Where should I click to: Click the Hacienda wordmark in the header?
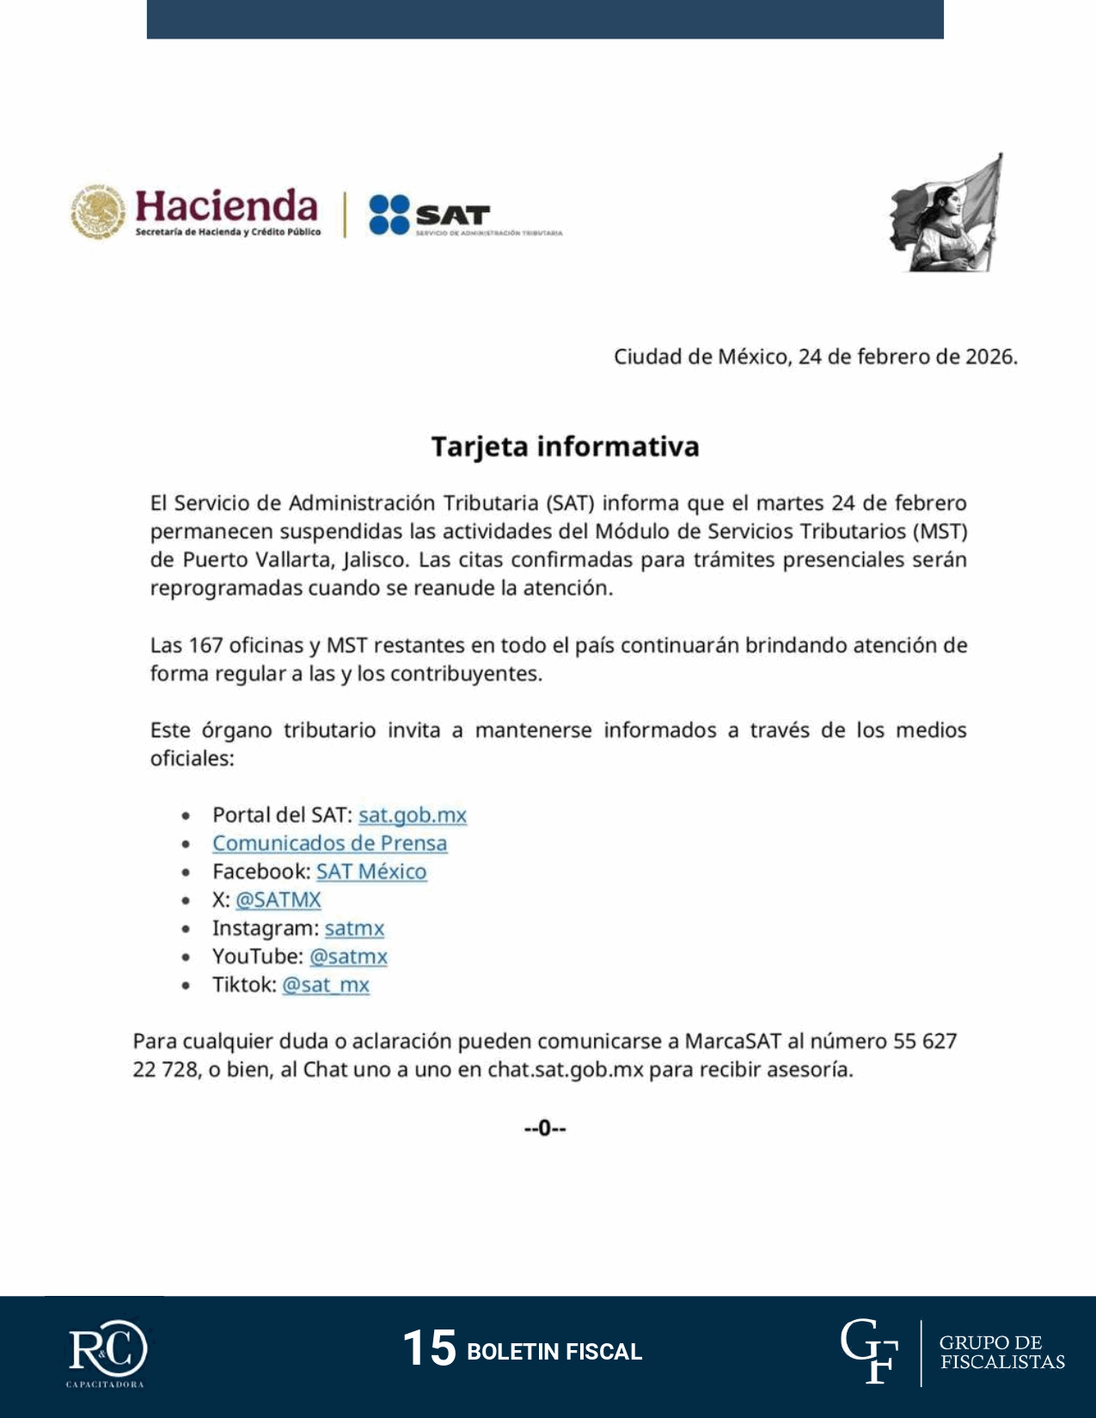[x=226, y=207]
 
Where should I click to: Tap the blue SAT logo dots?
[x=389, y=215]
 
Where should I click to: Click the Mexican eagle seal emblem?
[x=98, y=211]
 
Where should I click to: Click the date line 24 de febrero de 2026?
[x=815, y=357]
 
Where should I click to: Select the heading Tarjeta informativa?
[x=565, y=447]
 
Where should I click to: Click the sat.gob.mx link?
[x=413, y=815]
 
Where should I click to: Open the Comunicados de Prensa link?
[x=329, y=843]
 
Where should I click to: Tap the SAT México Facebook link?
[x=371, y=871]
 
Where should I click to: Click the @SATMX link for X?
[x=278, y=900]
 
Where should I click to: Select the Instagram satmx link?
[x=354, y=928]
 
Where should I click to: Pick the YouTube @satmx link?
[x=348, y=957]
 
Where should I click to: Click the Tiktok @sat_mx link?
[x=326, y=985]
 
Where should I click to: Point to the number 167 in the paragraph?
[x=205, y=645]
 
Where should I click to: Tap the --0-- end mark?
[x=545, y=1128]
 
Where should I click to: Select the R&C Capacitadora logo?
[x=107, y=1353]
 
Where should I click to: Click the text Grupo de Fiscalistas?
[x=1001, y=1352]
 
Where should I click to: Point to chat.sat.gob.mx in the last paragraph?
[x=565, y=1070]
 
